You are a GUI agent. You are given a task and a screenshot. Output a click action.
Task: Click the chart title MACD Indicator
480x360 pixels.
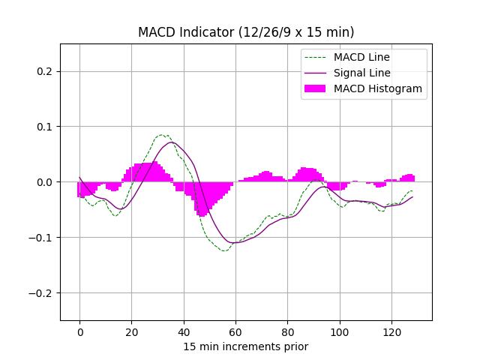[246, 32]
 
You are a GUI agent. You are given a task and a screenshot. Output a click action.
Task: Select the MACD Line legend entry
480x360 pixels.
[361, 57]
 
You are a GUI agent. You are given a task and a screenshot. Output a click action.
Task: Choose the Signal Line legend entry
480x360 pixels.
[362, 73]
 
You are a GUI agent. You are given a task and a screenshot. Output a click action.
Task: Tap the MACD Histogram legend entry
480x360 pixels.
[378, 88]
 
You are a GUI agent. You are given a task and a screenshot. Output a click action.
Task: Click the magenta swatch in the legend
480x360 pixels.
[315, 88]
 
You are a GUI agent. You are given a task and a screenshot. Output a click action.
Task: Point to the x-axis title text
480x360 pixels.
[246, 346]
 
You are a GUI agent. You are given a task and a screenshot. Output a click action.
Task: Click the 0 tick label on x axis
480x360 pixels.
[79, 331]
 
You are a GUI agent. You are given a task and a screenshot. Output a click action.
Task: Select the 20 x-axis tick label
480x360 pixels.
[131, 331]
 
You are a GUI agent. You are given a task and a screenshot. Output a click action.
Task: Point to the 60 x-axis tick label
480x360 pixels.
[235, 331]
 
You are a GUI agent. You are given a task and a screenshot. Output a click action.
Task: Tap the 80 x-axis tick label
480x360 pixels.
[287, 331]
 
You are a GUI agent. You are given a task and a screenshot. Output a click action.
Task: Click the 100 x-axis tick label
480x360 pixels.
[339, 331]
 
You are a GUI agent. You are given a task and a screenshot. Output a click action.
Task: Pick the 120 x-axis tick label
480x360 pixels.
[391, 331]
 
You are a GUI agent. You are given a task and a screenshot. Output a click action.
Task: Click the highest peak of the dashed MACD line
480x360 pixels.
[162, 135]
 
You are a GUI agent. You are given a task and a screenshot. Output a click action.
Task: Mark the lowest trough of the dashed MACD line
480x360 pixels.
[223, 250]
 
